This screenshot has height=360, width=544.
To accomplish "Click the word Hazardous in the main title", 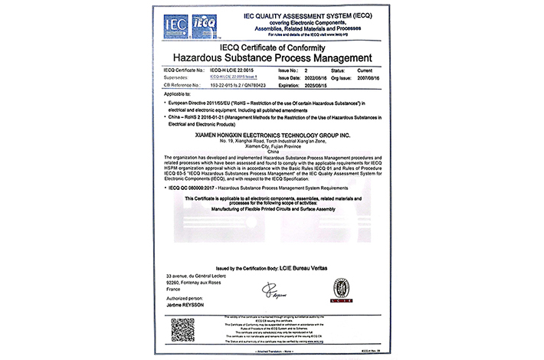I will (202, 57).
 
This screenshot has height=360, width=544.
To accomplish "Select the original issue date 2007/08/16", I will (362, 78).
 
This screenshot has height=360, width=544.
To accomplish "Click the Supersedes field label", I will (179, 78).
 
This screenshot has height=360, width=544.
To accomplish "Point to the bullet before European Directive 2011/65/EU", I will (167, 101).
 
